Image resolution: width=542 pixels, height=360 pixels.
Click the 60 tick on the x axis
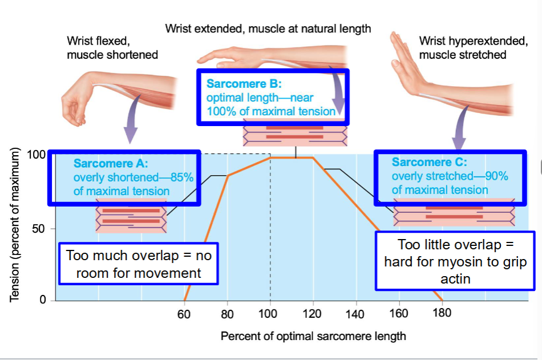tap(184, 313)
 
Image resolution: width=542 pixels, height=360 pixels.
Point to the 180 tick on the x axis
tap(442, 313)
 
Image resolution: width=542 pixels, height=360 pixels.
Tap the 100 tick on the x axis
tap(268, 313)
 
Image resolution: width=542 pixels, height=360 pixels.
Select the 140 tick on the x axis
tap(355, 314)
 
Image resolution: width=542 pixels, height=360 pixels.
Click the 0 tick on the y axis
tap(42, 300)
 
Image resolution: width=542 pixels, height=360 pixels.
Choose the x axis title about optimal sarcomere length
tap(313, 335)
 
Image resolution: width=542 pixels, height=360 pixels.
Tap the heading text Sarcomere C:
tap(429, 163)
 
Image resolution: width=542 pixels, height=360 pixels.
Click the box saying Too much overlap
tap(139, 264)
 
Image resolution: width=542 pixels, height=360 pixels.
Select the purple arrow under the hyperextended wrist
tap(460, 135)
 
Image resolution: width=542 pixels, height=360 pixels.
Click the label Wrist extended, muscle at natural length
tap(268, 28)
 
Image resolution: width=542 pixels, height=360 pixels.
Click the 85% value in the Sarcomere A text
tap(182, 177)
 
